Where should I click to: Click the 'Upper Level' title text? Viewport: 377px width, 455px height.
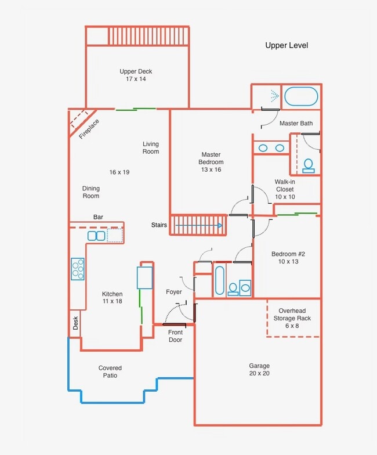(x=287, y=45)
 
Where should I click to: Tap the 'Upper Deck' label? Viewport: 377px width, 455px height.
(x=136, y=71)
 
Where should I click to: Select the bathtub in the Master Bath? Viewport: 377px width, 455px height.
(x=301, y=96)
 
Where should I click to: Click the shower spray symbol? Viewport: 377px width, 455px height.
(x=275, y=96)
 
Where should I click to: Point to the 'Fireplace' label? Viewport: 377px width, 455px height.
(x=89, y=129)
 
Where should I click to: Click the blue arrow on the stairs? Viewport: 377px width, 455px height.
(x=198, y=225)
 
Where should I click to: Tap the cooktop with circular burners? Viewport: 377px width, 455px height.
(x=78, y=269)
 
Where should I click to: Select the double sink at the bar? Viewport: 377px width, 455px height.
(x=96, y=236)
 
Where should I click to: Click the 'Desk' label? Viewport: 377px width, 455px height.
(x=75, y=323)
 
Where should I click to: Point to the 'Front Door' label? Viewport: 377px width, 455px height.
(x=175, y=336)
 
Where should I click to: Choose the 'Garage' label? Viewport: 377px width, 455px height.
(x=259, y=366)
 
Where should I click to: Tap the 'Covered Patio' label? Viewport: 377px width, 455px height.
(x=110, y=371)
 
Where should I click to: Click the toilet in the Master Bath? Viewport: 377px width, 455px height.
(x=309, y=166)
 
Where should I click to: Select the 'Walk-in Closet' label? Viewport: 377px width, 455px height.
(x=285, y=186)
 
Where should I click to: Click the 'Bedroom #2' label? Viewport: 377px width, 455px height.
(x=288, y=254)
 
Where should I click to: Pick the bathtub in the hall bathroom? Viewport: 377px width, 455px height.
(x=219, y=280)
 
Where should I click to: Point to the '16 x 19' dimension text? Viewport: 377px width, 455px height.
(x=119, y=172)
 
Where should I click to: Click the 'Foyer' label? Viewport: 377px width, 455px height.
(x=174, y=292)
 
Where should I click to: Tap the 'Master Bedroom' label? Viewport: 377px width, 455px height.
(x=211, y=158)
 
